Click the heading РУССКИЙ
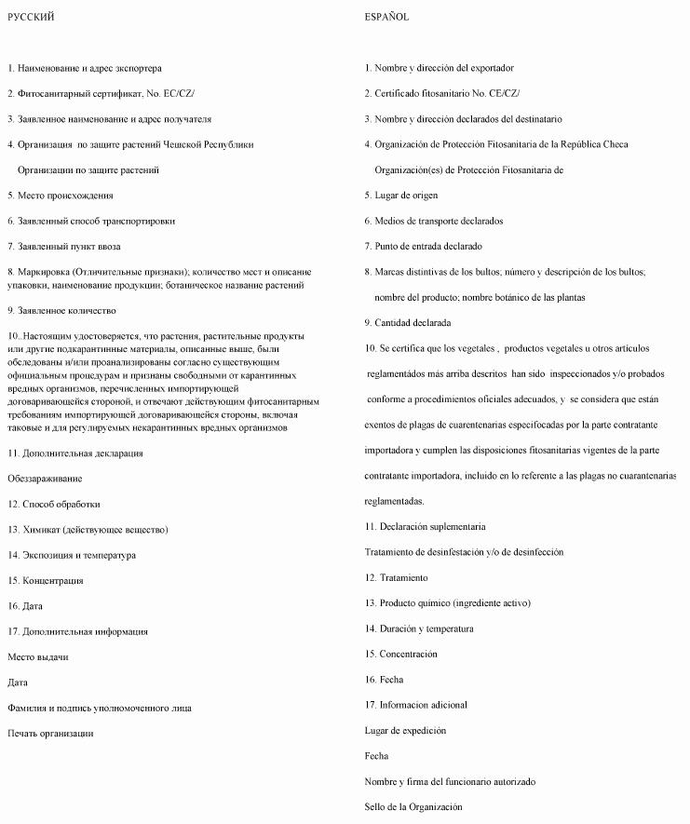31,17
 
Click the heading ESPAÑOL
386,17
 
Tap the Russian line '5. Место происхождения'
61,196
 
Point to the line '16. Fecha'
385,680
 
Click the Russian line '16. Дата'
26,606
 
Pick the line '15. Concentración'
400,654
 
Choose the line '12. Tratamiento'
397,577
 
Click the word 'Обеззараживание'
45,479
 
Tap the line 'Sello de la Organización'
413,807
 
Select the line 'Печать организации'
50,734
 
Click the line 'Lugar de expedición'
405,731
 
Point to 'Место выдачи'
37,657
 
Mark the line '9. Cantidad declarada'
408,322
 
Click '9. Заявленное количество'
61,310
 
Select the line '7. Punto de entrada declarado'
424,246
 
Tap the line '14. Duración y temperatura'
419,628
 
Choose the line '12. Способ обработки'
54,504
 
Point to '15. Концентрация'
46,581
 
